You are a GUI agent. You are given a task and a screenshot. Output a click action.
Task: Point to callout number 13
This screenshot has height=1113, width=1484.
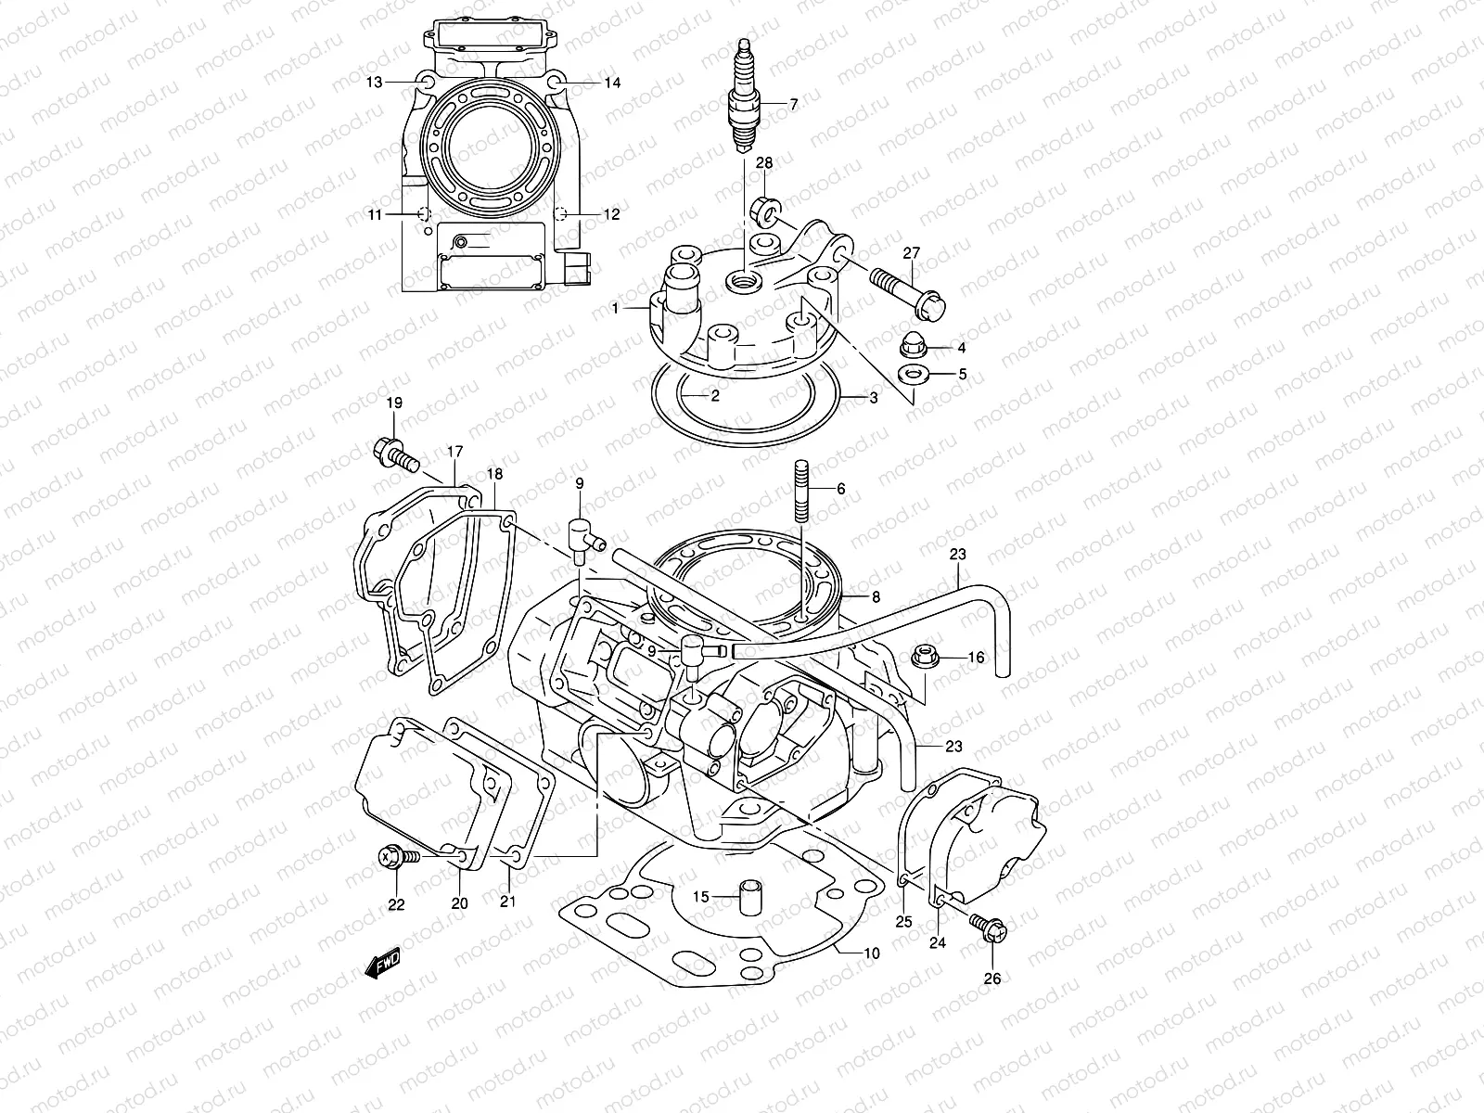pyautogui.click(x=374, y=83)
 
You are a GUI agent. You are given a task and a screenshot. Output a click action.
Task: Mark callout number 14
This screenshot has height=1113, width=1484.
pyautogui.click(x=612, y=83)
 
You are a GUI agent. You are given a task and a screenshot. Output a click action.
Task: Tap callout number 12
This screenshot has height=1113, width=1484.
pyautogui.click(x=611, y=214)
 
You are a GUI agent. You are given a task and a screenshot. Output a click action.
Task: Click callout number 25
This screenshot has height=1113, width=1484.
pyautogui.click(x=904, y=921)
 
